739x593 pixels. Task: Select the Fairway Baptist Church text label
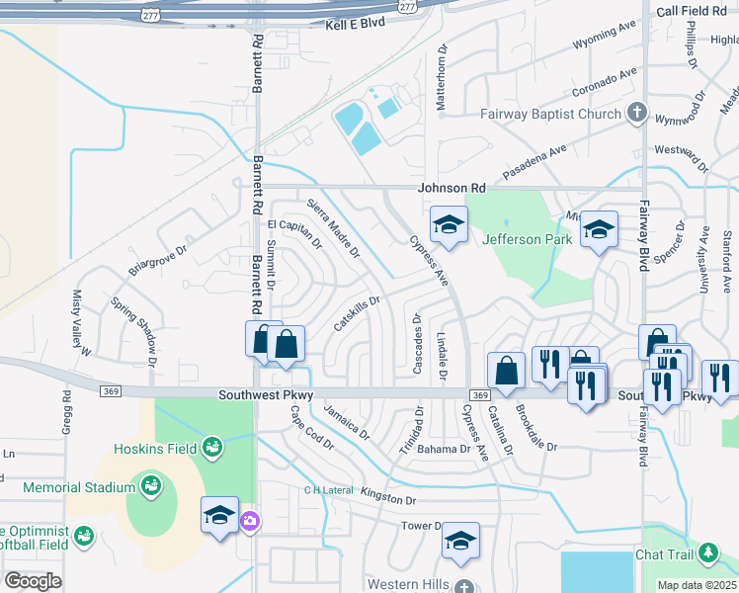[550, 114]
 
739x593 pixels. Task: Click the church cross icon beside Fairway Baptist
[637, 113]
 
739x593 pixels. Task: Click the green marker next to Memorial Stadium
[150, 486]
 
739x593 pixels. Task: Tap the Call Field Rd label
[698, 11]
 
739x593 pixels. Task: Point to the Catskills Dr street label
[357, 313]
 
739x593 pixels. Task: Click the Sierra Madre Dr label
[333, 228]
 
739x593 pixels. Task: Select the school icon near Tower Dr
[460, 541]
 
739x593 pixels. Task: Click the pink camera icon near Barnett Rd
[251, 521]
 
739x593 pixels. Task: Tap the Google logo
[33, 581]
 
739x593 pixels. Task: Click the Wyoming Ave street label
[608, 44]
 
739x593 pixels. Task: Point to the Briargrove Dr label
[157, 261]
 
